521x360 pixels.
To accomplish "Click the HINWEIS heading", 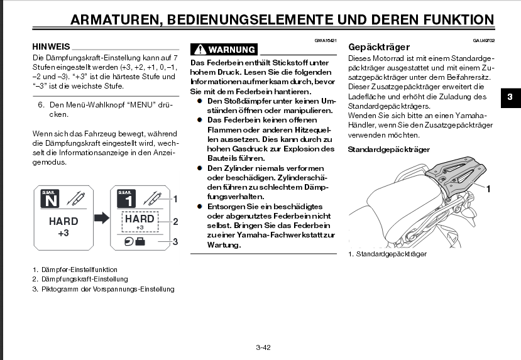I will [50, 46].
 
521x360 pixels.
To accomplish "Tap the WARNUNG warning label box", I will [224, 50].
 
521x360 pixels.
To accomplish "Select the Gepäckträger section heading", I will [379, 47].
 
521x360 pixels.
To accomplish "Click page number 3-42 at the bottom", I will [263, 347].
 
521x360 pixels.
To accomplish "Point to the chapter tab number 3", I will [510, 97].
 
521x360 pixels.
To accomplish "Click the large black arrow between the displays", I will [101, 218].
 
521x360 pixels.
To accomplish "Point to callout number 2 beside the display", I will [176, 221].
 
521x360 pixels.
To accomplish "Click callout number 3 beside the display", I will [176, 241].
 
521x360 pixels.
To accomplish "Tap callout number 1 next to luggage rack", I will [488, 188].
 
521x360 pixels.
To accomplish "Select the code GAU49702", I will [484, 40].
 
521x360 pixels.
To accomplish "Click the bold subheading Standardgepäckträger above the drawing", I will [388, 150].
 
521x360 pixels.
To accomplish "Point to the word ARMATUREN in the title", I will [114, 20].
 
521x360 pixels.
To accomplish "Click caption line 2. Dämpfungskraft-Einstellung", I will [80, 279].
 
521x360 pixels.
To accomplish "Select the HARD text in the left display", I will [63, 221].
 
